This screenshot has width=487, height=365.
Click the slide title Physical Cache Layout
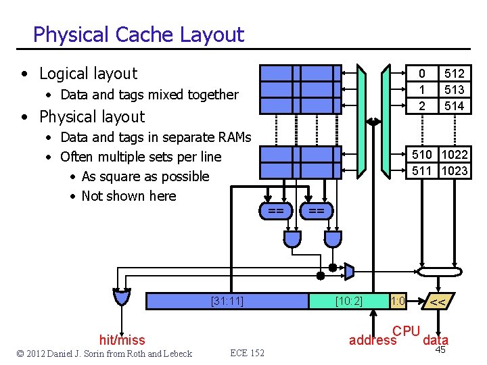pos(138,34)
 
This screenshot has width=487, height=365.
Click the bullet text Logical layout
pos(88,73)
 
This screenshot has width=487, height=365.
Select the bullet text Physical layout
pos(92,116)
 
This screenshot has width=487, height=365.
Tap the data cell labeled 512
pos(454,74)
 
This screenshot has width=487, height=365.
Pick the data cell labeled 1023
pos(454,171)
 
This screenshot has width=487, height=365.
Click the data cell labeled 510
pos(422,155)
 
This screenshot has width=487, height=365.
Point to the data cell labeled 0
pos(422,74)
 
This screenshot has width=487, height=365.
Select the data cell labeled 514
pos(454,106)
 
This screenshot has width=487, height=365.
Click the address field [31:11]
pos(227,301)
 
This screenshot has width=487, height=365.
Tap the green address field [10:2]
pos(348,301)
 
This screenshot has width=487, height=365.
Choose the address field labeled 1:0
pos(398,301)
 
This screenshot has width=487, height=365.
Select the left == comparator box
pos(276,212)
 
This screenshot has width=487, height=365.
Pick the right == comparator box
pos(316,212)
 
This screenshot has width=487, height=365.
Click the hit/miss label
pos(122,339)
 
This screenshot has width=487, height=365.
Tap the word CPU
pos(407,331)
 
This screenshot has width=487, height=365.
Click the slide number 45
pos(440,349)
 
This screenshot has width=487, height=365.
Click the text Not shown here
pos(129,196)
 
